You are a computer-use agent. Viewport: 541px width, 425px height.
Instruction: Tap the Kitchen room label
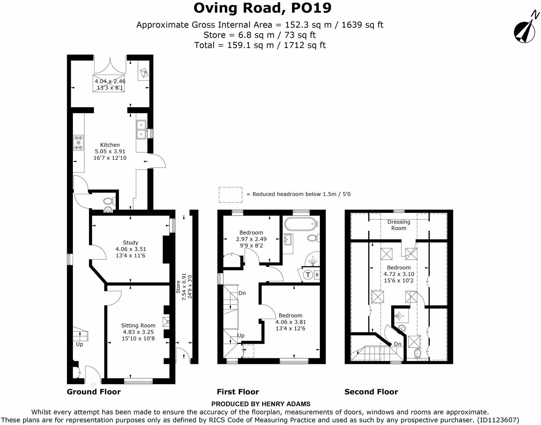click(x=110, y=145)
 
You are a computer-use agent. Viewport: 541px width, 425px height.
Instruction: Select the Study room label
click(x=131, y=243)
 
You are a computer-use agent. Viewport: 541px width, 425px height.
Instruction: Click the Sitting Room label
click(x=138, y=326)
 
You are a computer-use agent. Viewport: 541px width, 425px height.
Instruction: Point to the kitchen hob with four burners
click(x=79, y=143)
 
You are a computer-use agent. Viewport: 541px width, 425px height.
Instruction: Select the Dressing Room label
click(x=399, y=225)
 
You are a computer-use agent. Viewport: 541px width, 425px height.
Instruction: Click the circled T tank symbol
click(x=308, y=275)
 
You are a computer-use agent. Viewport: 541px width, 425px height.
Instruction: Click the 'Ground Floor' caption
click(x=94, y=392)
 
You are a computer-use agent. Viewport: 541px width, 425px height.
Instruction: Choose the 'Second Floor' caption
click(x=371, y=392)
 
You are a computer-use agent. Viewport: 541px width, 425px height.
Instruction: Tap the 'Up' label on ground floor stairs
click(x=79, y=344)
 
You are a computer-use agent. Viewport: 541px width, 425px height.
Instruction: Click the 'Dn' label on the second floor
click(x=397, y=344)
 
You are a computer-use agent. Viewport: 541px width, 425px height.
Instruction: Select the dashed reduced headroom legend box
click(x=230, y=195)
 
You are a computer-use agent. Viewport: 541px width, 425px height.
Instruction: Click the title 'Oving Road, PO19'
click(x=263, y=8)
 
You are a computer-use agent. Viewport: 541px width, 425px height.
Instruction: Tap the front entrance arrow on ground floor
click(x=93, y=385)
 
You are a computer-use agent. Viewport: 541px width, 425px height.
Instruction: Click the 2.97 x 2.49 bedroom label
click(x=251, y=239)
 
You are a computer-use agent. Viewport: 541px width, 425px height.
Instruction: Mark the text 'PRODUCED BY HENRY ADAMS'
click(x=261, y=404)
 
